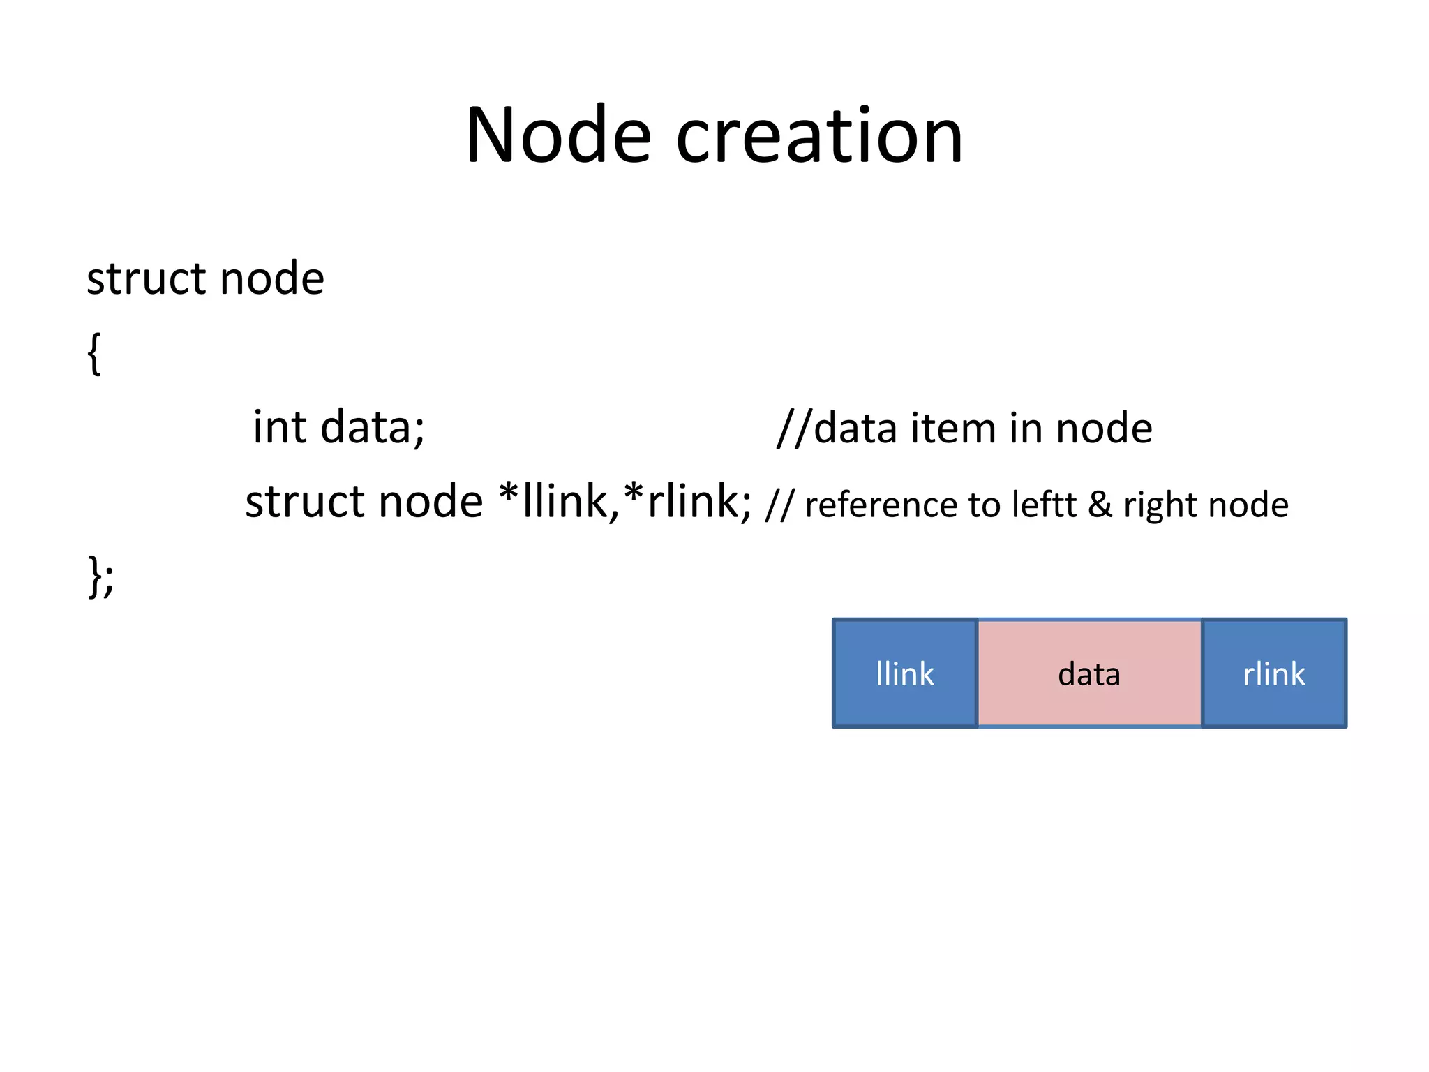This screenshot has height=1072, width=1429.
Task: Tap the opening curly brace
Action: (x=94, y=353)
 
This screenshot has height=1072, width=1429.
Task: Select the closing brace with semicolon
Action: (x=101, y=576)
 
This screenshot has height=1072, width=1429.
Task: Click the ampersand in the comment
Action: (x=1100, y=505)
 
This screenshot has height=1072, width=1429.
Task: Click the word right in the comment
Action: (x=1159, y=505)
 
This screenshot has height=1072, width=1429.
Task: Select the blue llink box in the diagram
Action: (x=905, y=673)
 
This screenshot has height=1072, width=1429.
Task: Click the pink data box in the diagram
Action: (x=1089, y=673)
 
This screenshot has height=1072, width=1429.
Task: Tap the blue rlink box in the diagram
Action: (x=1274, y=673)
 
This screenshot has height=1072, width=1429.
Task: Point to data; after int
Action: (x=372, y=427)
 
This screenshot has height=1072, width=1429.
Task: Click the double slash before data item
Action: (x=794, y=427)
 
